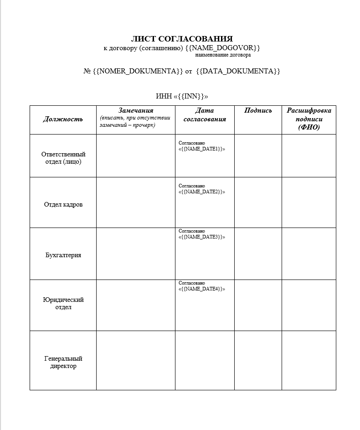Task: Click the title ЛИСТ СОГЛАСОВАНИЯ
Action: tap(182, 39)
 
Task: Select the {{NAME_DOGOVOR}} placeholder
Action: tap(223, 48)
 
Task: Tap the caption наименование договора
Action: tap(223, 55)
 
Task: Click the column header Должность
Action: tap(63, 119)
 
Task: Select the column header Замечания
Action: tap(135, 110)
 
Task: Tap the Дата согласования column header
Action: tap(205, 115)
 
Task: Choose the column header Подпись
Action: tap(258, 110)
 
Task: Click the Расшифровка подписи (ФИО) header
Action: tap(309, 119)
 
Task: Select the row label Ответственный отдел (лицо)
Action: tap(63, 158)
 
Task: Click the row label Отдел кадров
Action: tap(63, 204)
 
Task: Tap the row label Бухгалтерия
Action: tap(63, 255)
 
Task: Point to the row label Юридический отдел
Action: tap(63, 303)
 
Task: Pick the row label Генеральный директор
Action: tap(63, 362)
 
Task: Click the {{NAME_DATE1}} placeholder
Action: tap(202, 149)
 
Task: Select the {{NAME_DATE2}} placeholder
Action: tap(202, 192)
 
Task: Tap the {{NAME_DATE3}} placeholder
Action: tap(202, 237)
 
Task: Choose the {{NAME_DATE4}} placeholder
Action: tap(202, 289)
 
